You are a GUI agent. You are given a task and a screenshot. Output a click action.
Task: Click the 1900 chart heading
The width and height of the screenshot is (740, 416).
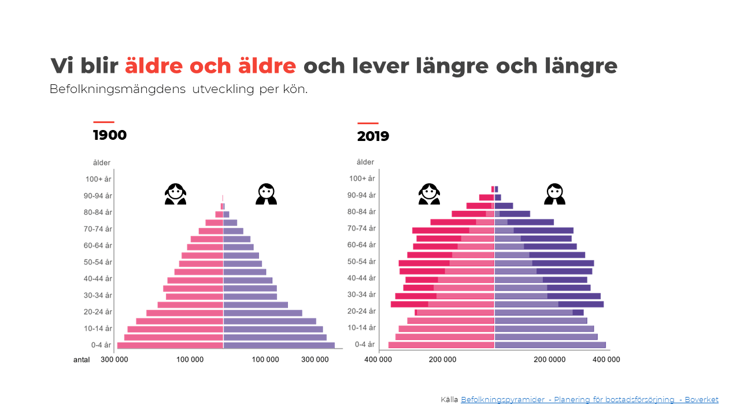click(110, 136)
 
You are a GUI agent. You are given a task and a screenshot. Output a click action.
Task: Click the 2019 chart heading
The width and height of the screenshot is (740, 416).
click(373, 137)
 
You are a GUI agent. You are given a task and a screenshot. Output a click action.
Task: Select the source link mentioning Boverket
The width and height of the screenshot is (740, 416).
click(589, 399)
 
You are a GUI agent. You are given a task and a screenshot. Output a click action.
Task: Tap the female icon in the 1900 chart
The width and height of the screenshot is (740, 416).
click(175, 194)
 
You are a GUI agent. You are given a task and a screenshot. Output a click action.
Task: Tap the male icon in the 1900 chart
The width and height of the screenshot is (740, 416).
click(266, 194)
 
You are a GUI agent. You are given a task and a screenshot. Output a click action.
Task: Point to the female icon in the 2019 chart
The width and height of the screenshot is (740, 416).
click(429, 194)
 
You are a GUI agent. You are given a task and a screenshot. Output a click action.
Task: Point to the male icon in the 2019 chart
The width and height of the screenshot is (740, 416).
click(554, 194)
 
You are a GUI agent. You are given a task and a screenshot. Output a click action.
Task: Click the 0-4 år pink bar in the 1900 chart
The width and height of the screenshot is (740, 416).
click(170, 346)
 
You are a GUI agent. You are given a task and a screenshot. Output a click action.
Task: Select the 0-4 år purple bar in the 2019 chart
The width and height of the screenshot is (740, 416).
click(550, 345)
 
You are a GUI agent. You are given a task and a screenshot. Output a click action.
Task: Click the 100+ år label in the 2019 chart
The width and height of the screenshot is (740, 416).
click(363, 179)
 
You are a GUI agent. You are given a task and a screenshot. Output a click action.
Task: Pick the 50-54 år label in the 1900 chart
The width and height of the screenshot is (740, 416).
click(98, 262)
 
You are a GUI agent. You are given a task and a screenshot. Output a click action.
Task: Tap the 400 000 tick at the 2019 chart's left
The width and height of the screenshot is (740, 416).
click(378, 359)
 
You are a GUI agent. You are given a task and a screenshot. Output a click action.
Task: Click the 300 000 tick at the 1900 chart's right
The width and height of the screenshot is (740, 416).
click(315, 359)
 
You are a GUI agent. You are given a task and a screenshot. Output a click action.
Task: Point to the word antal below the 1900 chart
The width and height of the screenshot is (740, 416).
click(82, 359)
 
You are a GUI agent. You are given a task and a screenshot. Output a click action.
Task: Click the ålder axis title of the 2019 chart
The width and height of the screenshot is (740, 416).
click(365, 162)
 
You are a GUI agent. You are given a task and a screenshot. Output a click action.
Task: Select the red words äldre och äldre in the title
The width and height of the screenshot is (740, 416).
click(210, 66)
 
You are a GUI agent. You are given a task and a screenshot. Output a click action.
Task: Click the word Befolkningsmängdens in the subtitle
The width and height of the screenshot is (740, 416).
click(117, 90)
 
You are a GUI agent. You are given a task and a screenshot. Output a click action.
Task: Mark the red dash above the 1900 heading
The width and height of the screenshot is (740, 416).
click(103, 122)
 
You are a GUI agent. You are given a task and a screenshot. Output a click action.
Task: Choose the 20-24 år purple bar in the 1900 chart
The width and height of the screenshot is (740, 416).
click(262, 313)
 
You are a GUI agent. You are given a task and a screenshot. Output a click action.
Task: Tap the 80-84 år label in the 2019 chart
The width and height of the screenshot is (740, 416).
click(363, 212)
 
